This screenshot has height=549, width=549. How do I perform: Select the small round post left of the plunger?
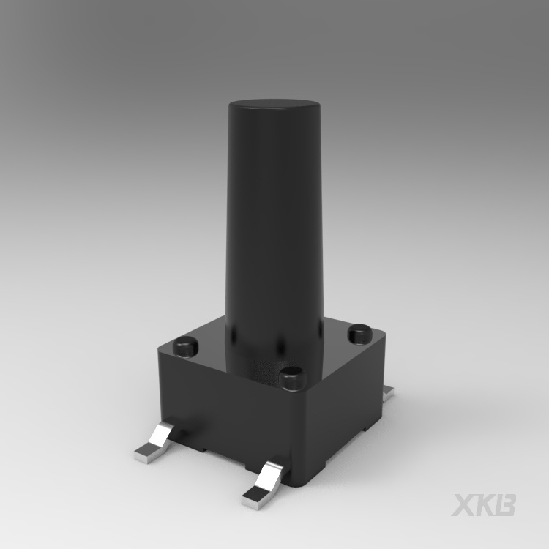tap(186, 346)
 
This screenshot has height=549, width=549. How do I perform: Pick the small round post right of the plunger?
tap(359, 334)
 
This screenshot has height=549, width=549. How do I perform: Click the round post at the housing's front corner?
tap(293, 378)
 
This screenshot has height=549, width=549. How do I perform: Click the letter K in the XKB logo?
tap(484, 505)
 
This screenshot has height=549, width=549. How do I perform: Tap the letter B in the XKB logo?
tap(504, 505)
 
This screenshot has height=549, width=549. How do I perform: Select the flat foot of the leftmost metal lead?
tap(146, 454)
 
